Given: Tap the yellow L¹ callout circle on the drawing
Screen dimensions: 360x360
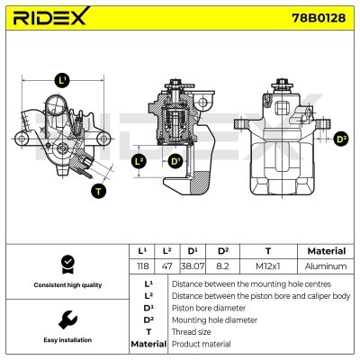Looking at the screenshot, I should point(61,80).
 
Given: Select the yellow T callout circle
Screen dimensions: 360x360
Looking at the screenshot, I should point(97,190).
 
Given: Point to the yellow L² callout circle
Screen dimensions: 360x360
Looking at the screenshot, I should point(138,161).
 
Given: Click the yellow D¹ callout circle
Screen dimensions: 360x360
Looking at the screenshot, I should point(175,161).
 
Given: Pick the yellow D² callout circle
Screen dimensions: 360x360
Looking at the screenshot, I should point(340,139).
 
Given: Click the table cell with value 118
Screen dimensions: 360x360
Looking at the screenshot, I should point(141,266).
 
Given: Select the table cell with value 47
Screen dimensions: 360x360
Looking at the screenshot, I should point(166,266).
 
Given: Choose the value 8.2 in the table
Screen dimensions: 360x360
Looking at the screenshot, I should point(222,266).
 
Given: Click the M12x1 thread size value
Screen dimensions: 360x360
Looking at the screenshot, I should point(267,266).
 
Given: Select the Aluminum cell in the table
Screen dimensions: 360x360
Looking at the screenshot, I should point(325,266).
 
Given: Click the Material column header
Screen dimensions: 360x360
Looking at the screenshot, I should point(325,251).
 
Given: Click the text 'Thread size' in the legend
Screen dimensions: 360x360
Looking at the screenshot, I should point(193,331).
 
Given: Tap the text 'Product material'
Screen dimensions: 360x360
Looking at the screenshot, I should point(201,344).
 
